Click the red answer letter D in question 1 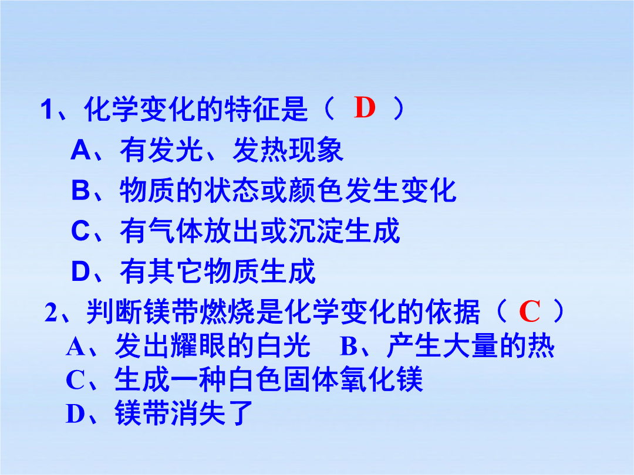click(x=365, y=108)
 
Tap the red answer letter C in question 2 click(x=530, y=311)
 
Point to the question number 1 click(x=47, y=109)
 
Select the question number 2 click(x=50, y=312)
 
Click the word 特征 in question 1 click(x=252, y=108)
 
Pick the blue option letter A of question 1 click(x=81, y=150)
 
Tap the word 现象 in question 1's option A click(x=316, y=150)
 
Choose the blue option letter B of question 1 click(x=80, y=190)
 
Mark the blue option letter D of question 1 click(x=80, y=271)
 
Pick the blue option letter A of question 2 click(x=75, y=347)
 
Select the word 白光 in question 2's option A click(x=284, y=346)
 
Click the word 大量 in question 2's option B click(x=470, y=346)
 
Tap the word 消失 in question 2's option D click(x=198, y=413)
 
